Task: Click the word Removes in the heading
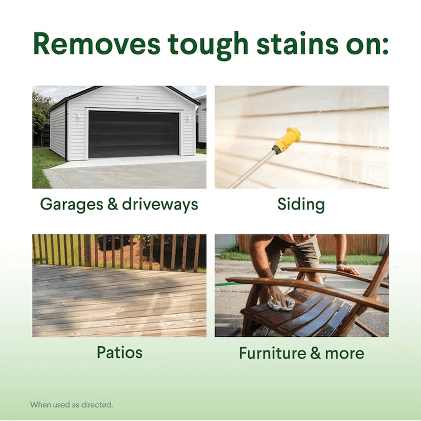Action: pyautogui.click(x=97, y=44)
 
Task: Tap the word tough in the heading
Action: pyautogui.click(x=208, y=46)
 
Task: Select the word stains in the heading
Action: pyautogui.click(x=297, y=43)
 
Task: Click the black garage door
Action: pyautogui.click(x=134, y=134)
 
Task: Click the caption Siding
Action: pyautogui.click(x=301, y=205)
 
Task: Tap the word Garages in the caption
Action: pyautogui.click(x=72, y=205)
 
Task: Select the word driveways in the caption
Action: pyautogui.click(x=160, y=205)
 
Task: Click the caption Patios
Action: pyautogui.click(x=119, y=352)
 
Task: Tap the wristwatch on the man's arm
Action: pyautogui.click(x=341, y=263)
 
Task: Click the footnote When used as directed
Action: pyautogui.click(x=72, y=405)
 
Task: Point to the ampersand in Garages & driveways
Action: pyautogui.click(x=113, y=204)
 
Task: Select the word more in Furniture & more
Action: pyautogui.click(x=345, y=354)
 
